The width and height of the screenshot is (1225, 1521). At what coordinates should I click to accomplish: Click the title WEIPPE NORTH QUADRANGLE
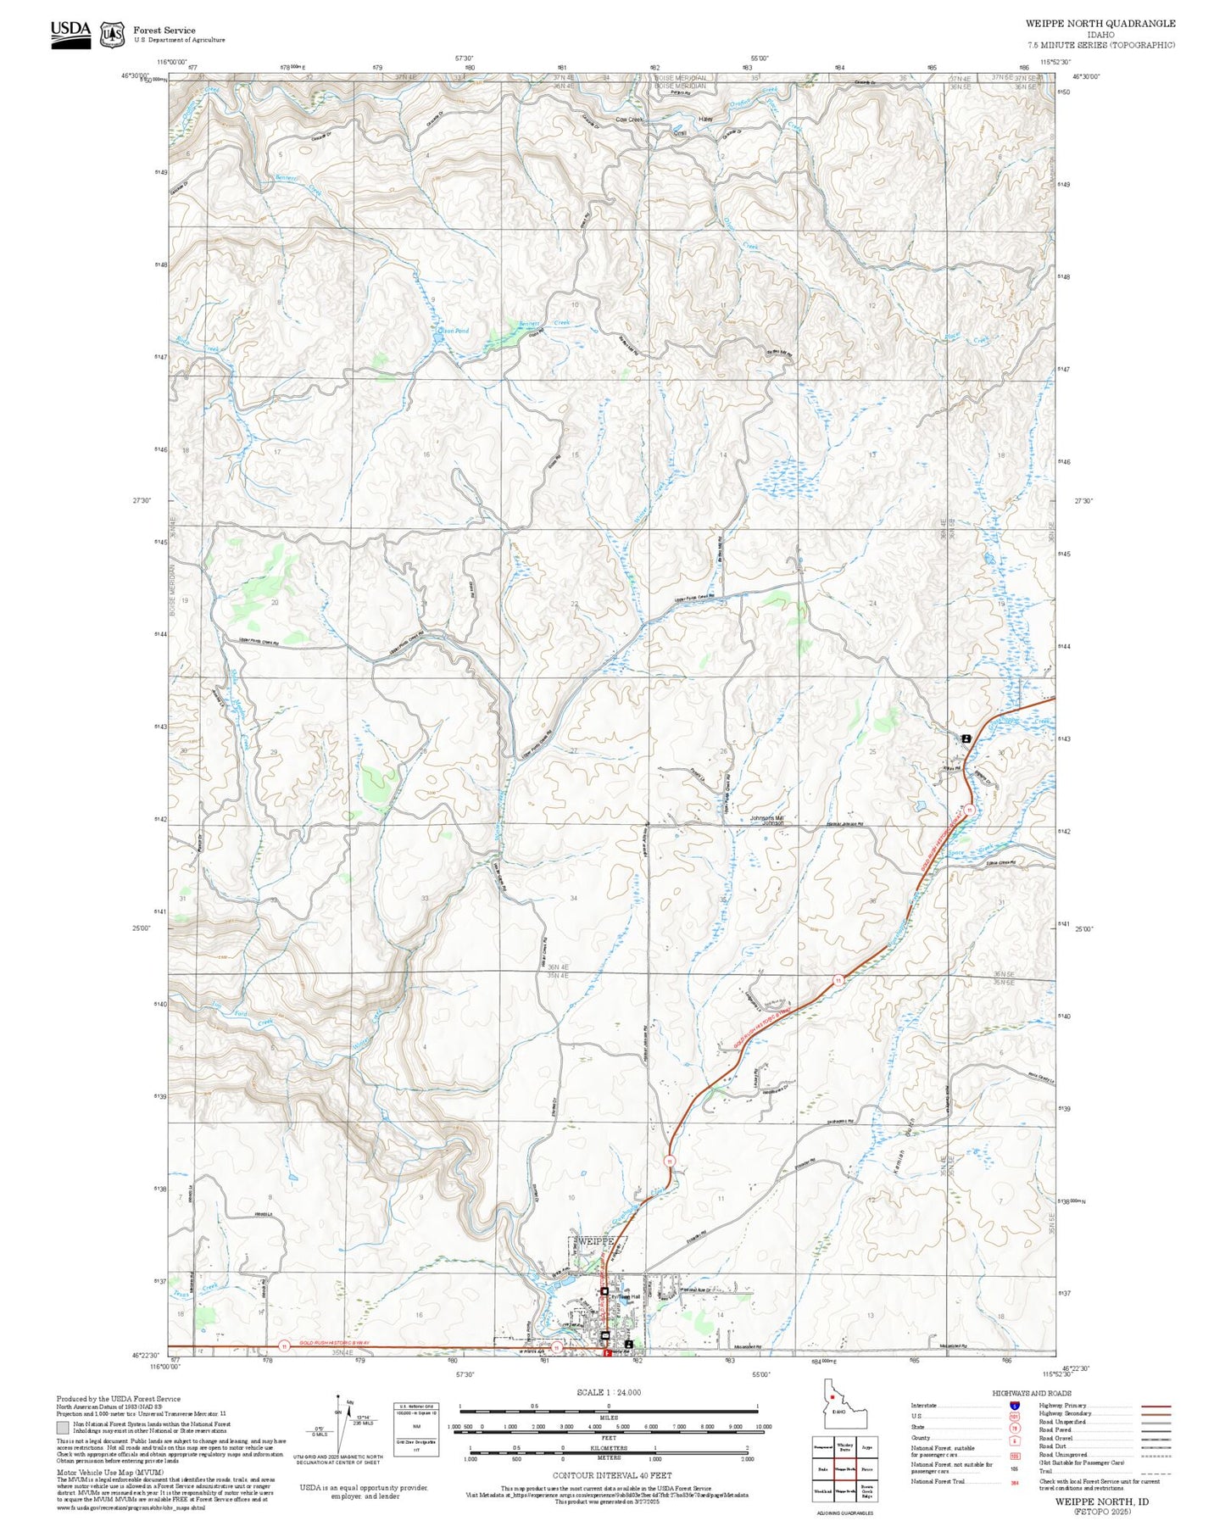click(1100, 24)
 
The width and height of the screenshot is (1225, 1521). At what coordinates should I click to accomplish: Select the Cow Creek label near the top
click(629, 120)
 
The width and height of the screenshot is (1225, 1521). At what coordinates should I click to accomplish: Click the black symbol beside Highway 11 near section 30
click(966, 738)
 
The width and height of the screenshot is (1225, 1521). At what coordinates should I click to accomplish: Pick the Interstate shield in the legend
click(1014, 1406)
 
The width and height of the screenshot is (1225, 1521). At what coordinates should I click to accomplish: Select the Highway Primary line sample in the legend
click(1155, 1406)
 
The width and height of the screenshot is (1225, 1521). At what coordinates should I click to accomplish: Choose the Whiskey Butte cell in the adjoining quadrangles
click(844, 1446)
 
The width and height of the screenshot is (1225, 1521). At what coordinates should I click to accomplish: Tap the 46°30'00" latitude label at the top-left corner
click(136, 75)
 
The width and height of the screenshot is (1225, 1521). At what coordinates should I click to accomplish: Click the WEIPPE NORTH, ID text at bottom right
click(1101, 1501)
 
